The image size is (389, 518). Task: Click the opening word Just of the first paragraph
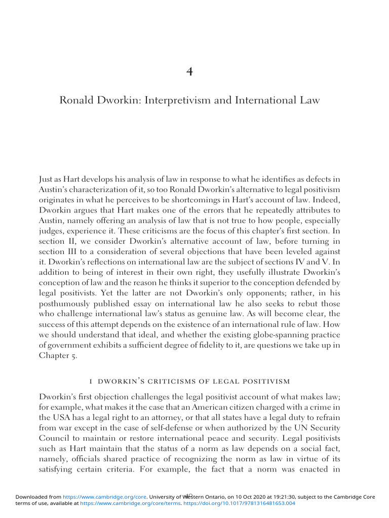[x=48, y=179]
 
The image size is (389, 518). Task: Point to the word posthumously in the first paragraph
[x=65, y=304]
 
